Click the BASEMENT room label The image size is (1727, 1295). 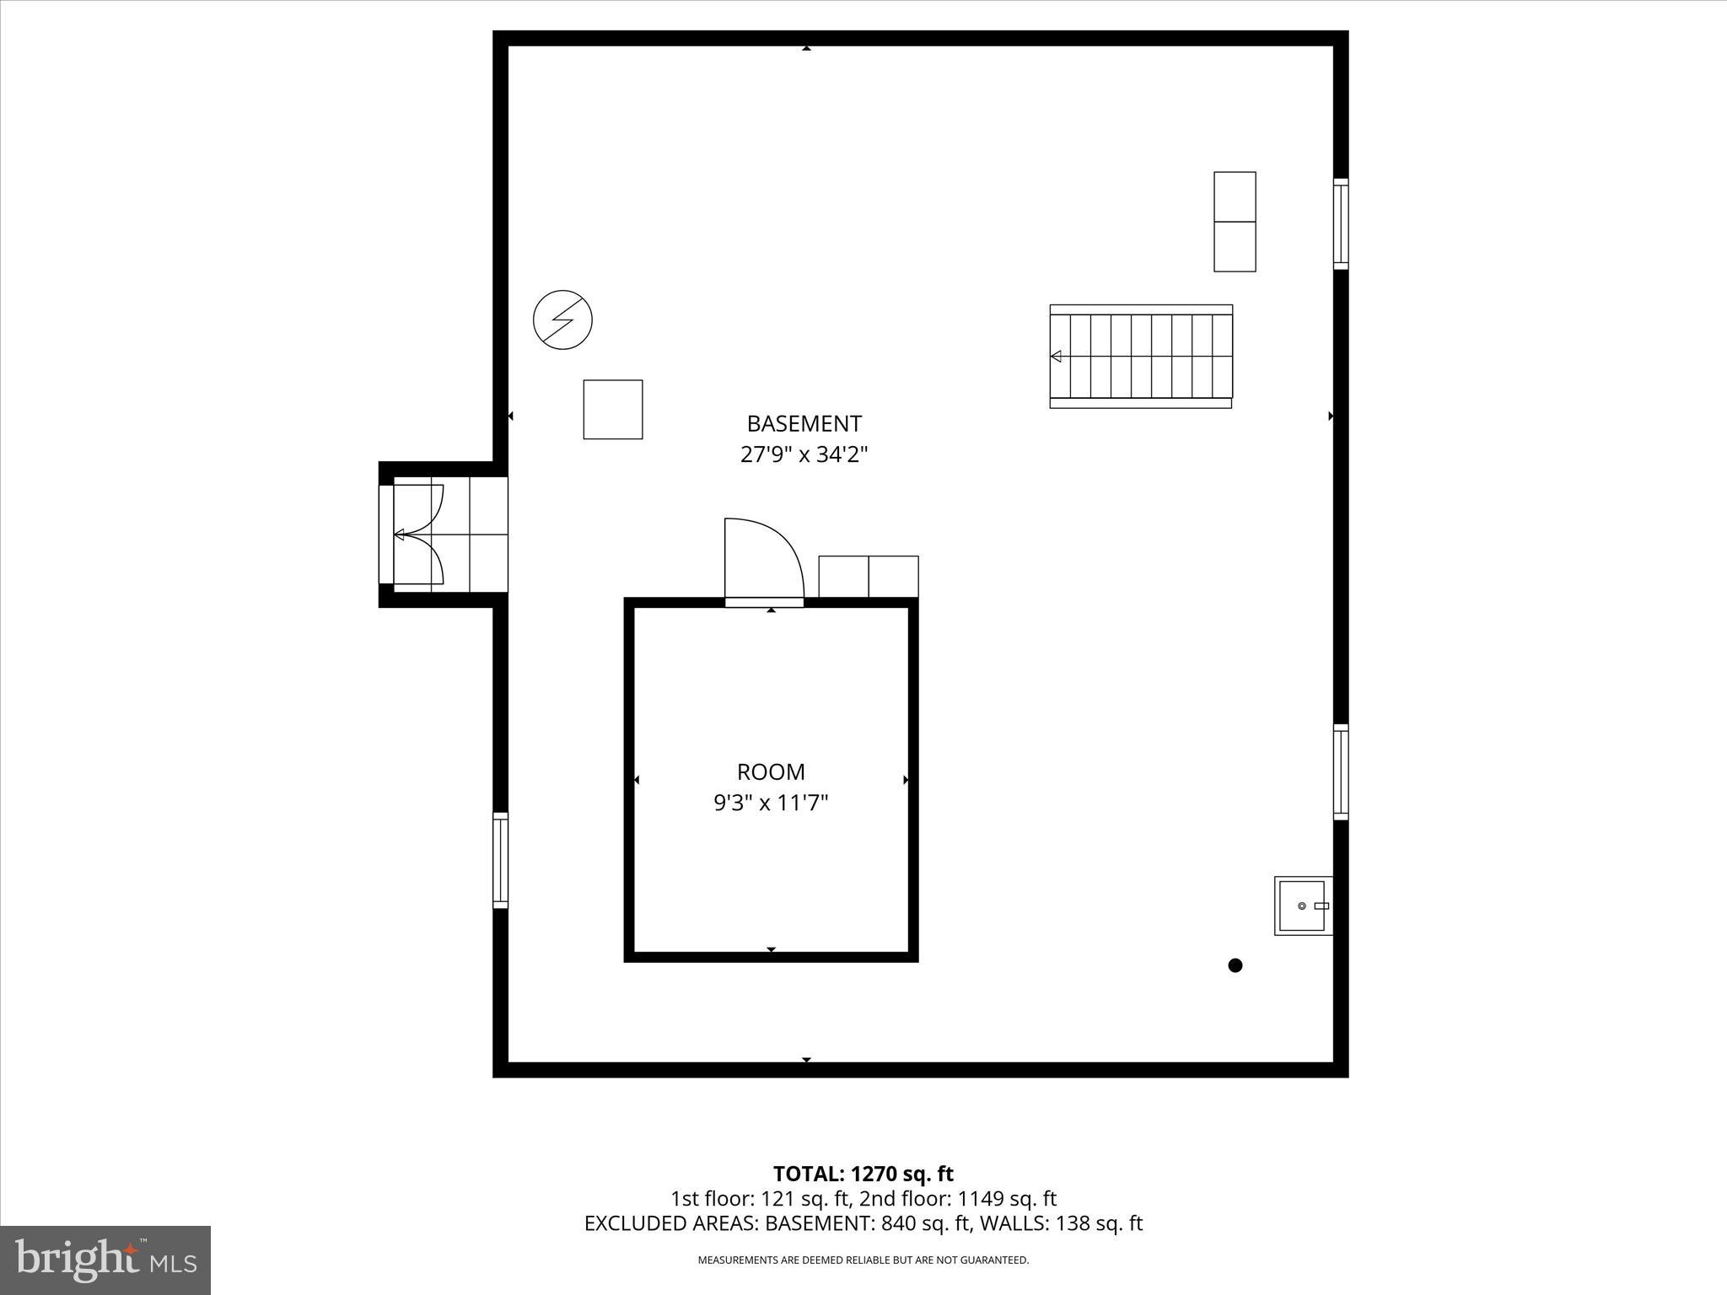(804, 423)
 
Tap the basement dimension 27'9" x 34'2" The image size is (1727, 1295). (804, 455)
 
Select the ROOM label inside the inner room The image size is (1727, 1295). (771, 771)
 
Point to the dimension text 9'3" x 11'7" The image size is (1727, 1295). (771, 803)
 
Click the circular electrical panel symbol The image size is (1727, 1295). (562, 320)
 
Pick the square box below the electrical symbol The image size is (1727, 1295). (613, 409)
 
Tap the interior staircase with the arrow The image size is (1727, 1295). (1141, 357)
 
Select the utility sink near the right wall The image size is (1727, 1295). (1302, 905)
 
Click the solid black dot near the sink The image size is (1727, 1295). (1235, 965)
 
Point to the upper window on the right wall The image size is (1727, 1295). (1341, 223)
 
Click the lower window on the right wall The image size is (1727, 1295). (1341, 771)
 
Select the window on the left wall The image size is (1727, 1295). (500, 860)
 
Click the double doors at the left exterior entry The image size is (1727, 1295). (419, 535)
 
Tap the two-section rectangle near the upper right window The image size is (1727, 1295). (1235, 222)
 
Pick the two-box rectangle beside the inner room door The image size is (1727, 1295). (869, 577)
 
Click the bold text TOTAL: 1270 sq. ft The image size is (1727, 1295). (863, 1174)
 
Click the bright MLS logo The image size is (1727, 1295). (105, 1260)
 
